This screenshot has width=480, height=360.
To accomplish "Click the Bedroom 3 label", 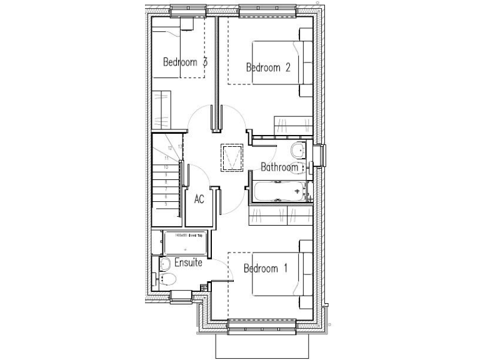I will click(x=185, y=62).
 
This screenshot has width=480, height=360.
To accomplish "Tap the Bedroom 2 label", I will click(x=268, y=68).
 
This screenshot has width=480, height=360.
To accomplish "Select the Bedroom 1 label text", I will click(x=265, y=269).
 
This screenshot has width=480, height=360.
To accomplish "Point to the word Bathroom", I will click(x=279, y=167).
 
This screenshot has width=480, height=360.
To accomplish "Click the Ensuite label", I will click(x=188, y=262).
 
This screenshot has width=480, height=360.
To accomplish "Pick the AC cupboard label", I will click(x=199, y=199).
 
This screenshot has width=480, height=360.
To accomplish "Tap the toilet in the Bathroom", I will click(x=298, y=151).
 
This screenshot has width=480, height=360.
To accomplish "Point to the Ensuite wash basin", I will click(x=164, y=263).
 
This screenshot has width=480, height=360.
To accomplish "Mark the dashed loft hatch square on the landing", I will click(x=232, y=157).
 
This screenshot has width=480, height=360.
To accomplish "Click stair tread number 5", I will click(x=165, y=204).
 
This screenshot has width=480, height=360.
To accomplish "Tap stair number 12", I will click(x=170, y=149).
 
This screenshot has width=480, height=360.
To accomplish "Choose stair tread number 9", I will click(x=165, y=176).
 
